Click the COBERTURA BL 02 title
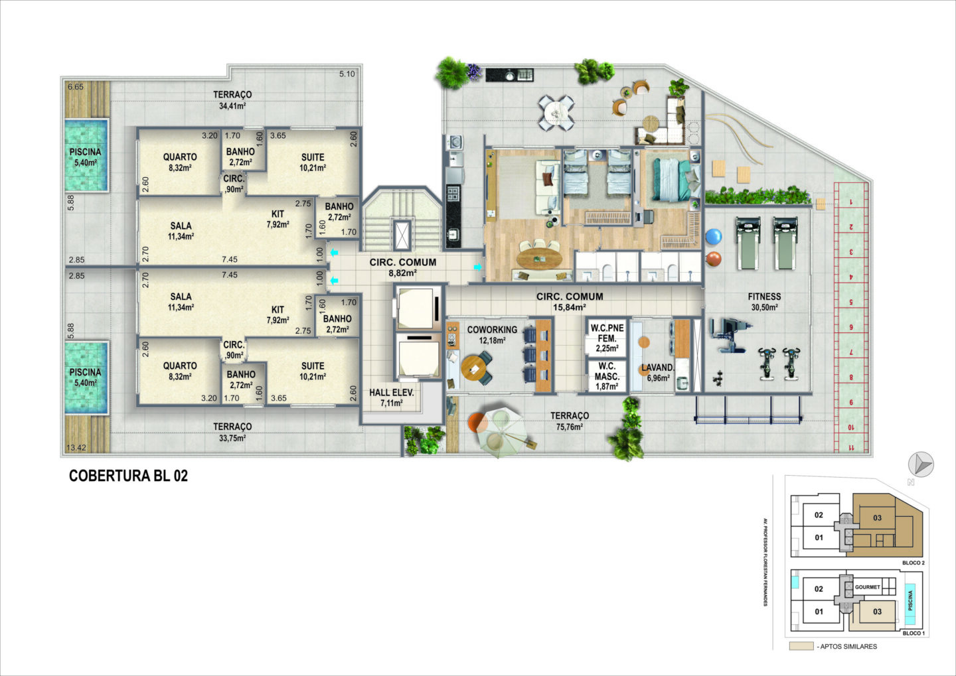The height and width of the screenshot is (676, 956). [129, 476]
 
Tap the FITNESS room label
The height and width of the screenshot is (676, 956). [764, 297]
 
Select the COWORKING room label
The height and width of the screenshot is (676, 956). [492, 330]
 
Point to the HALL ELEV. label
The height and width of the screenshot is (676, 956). [392, 392]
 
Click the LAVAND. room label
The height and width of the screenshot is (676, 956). [658, 368]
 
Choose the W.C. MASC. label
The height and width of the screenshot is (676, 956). [607, 372]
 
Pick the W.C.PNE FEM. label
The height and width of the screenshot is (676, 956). [607, 333]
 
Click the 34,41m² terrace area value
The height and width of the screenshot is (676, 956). [232, 105]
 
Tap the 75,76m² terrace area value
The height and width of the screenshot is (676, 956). [570, 427]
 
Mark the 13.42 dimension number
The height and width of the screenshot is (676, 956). [76, 448]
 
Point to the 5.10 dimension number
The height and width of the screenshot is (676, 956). [347, 74]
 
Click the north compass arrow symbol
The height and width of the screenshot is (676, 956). [921, 464]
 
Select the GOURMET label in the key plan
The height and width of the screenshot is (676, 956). [867, 587]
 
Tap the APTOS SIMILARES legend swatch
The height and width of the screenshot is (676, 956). [801, 647]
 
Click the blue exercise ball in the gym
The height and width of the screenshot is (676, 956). [714, 236]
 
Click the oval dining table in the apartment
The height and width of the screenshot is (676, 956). [540, 259]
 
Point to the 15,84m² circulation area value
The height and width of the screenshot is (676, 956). [570, 307]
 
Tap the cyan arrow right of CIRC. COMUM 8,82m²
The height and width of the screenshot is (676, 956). [477, 267]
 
